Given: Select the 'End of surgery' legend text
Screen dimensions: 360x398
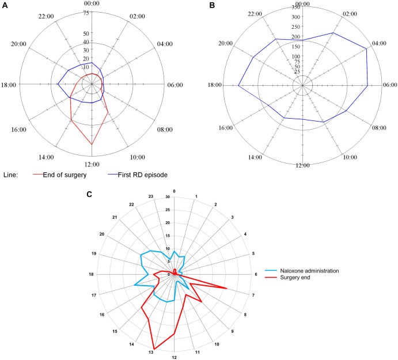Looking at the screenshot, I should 68,175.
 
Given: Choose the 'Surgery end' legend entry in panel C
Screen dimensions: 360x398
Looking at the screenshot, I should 297,278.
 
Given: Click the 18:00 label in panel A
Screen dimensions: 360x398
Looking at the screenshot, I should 10,85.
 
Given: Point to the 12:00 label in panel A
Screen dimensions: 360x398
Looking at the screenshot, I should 92,165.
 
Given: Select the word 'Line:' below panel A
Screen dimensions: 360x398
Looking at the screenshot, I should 12,175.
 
